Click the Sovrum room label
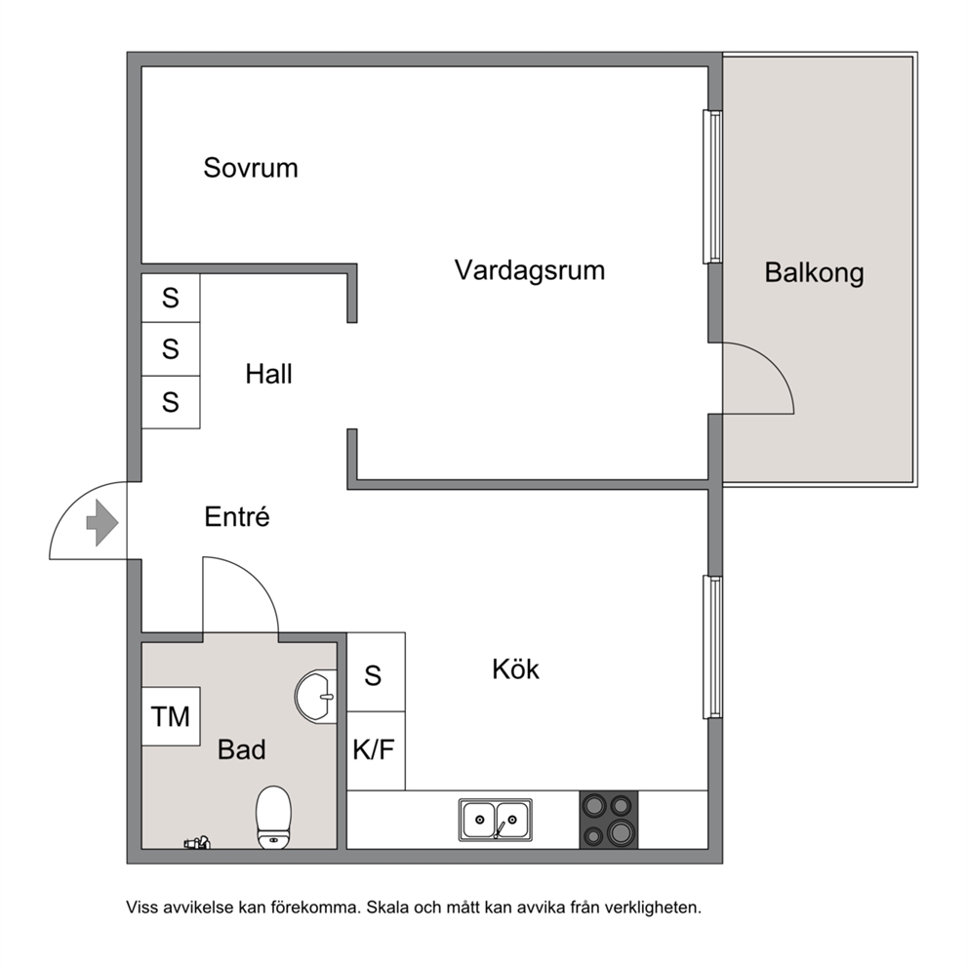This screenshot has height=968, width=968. click(251, 168)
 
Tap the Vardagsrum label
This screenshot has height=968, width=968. click(530, 270)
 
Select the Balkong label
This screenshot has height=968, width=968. click(814, 273)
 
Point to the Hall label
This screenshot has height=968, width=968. click(268, 374)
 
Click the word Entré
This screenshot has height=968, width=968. click(237, 517)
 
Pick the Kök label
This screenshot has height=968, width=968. click(515, 669)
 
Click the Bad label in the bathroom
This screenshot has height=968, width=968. click(241, 749)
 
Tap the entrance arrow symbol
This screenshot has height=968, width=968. click(101, 523)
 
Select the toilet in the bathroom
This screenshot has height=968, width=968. click(273, 817)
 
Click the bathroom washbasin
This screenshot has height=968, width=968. click(315, 697)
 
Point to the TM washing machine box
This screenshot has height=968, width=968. click(171, 716)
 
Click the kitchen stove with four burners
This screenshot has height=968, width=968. click(608, 820)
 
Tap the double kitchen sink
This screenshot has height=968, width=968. click(495, 820)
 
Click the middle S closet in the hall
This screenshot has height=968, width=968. click(171, 348)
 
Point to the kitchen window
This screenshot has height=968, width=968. click(713, 647)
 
